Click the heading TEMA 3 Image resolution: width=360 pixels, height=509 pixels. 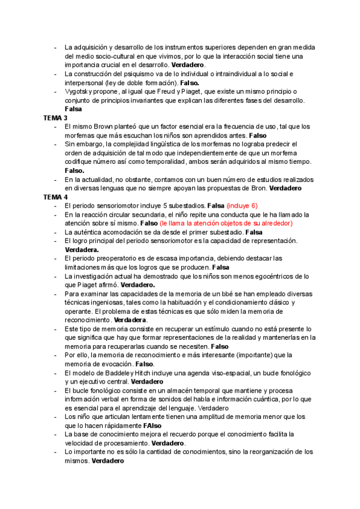pyautogui.click(x=56, y=118)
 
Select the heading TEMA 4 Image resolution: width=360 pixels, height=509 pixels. pyautogui.click(x=56, y=197)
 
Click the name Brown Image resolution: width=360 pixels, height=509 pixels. pyautogui.click(x=100, y=127)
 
